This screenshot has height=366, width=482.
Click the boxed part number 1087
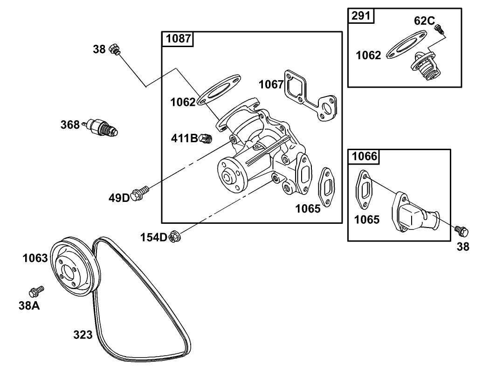tap(179, 39)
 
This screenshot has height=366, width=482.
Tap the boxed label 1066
tap(364, 156)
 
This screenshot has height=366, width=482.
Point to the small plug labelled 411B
tap(206, 138)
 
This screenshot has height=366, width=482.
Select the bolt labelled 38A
tap(35, 291)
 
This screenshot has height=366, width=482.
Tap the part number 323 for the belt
tap(83, 334)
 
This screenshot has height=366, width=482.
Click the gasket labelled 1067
tap(310, 97)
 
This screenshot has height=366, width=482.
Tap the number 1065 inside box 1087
tap(308, 208)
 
